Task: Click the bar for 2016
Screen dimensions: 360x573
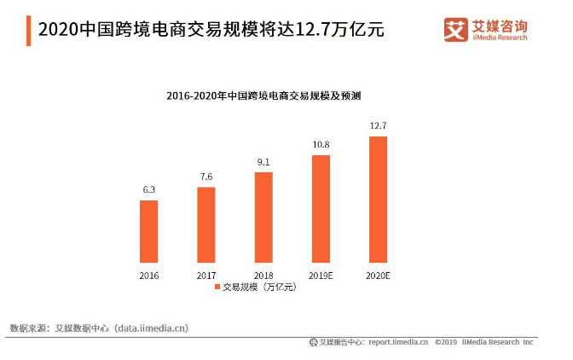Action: (x=148, y=230)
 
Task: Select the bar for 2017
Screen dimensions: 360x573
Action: (x=205, y=224)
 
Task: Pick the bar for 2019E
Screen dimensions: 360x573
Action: (x=321, y=208)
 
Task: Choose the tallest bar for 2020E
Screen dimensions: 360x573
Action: (x=378, y=199)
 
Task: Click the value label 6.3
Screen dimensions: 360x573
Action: (x=148, y=189)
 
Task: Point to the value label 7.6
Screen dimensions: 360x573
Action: (x=206, y=177)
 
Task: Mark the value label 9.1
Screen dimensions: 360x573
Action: (x=263, y=161)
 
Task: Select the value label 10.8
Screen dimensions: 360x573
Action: (x=321, y=144)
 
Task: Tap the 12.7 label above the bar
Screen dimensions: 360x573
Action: (x=378, y=125)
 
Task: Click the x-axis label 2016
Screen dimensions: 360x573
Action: (x=148, y=276)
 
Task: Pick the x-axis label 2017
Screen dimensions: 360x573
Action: (x=205, y=276)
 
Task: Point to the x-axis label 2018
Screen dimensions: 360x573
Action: (x=263, y=276)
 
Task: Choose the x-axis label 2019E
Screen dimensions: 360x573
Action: (x=321, y=276)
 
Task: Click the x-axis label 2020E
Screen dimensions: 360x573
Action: (x=378, y=276)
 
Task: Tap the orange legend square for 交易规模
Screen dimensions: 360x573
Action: (x=217, y=287)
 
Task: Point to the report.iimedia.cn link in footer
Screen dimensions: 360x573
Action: (x=398, y=342)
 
